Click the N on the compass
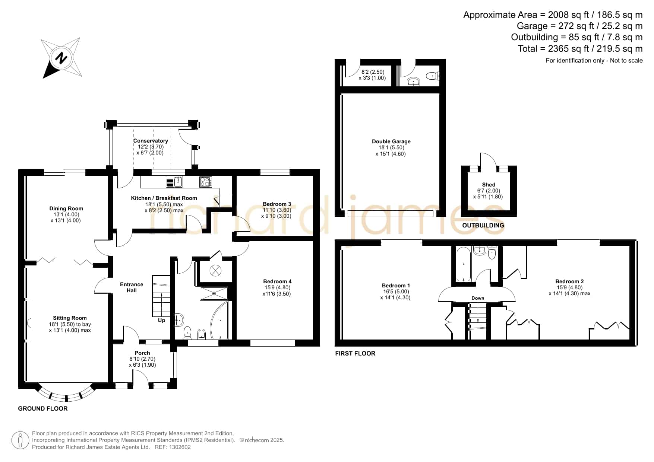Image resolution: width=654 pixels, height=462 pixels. [61, 58]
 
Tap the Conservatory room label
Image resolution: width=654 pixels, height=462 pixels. [151, 141]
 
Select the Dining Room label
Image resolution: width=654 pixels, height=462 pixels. [66, 208]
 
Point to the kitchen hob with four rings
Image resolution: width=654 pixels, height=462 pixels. [206, 182]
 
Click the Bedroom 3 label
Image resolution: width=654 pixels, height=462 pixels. [277, 204]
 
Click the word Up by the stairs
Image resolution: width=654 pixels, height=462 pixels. [161, 320]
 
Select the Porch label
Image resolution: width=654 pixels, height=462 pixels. [142, 353]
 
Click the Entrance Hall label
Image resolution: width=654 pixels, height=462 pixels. [132, 287]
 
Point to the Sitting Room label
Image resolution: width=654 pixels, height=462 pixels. [70, 318]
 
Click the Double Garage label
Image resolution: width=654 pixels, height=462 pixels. [391, 141]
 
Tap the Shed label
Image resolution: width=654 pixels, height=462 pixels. [489, 185]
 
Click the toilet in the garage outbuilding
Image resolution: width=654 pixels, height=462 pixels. [432, 76]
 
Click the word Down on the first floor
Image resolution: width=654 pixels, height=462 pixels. [478, 298]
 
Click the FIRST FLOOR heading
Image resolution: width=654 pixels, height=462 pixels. [355, 353]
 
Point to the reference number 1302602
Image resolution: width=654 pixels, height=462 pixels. [180, 447]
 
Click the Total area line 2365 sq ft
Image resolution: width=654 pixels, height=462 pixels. [580, 49]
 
